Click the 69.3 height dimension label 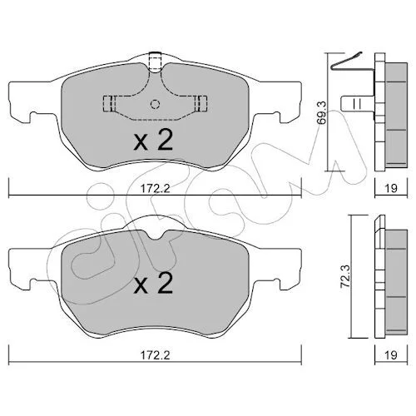[322, 113]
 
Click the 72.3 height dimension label [346, 277]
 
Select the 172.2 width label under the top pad [155, 189]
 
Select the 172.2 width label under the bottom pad [155, 355]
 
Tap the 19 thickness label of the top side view [391, 188]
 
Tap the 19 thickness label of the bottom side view [391, 355]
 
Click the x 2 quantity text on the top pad [153, 140]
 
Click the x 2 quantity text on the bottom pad [153, 283]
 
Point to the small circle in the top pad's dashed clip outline [155, 104]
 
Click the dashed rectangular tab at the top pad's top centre [155, 62]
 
